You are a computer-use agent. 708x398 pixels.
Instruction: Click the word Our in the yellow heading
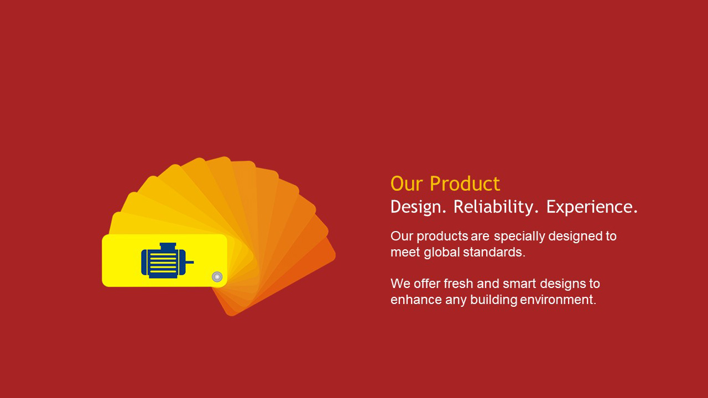click(x=407, y=184)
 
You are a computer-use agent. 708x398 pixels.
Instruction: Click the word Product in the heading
click(x=465, y=184)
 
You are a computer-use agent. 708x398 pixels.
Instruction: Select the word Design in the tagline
click(x=418, y=207)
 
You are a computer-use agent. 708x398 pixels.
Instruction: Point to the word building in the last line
click(x=494, y=300)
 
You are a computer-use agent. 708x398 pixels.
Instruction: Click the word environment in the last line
click(x=558, y=300)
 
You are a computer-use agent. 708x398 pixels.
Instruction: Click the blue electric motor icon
click(x=167, y=260)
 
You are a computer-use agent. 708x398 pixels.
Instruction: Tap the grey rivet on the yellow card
click(x=217, y=277)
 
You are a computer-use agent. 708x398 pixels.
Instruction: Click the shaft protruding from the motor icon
click(x=189, y=262)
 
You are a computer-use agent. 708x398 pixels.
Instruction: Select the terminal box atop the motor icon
click(x=168, y=246)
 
